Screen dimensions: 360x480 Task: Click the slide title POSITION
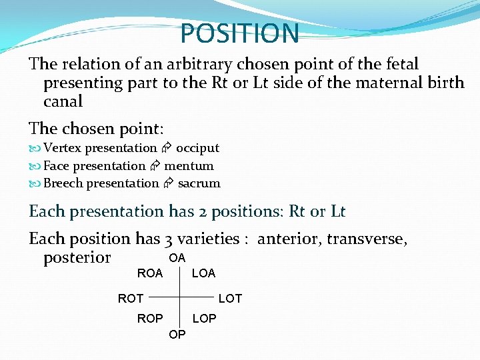point(240,33)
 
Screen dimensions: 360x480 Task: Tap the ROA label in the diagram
point(149,273)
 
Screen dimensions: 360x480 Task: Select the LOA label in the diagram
point(203,273)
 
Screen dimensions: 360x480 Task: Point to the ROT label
point(131,298)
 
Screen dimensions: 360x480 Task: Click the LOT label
point(230,298)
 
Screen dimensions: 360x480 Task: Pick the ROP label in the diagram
point(150,319)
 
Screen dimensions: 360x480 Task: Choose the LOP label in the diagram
point(204,319)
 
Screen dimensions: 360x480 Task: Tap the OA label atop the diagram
point(177,257)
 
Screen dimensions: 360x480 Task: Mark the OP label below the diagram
point(177,335)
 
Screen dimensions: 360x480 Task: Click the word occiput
point(197,148)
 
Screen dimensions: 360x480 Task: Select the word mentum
point(189,165)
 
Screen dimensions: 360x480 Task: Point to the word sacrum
point(199,183)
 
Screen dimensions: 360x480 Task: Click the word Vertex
point(63,148)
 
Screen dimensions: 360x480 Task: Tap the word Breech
point(63,183)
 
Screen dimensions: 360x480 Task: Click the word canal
point(63,102)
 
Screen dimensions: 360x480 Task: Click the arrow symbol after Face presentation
point(155,166)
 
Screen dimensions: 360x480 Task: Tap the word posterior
point(77,257)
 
